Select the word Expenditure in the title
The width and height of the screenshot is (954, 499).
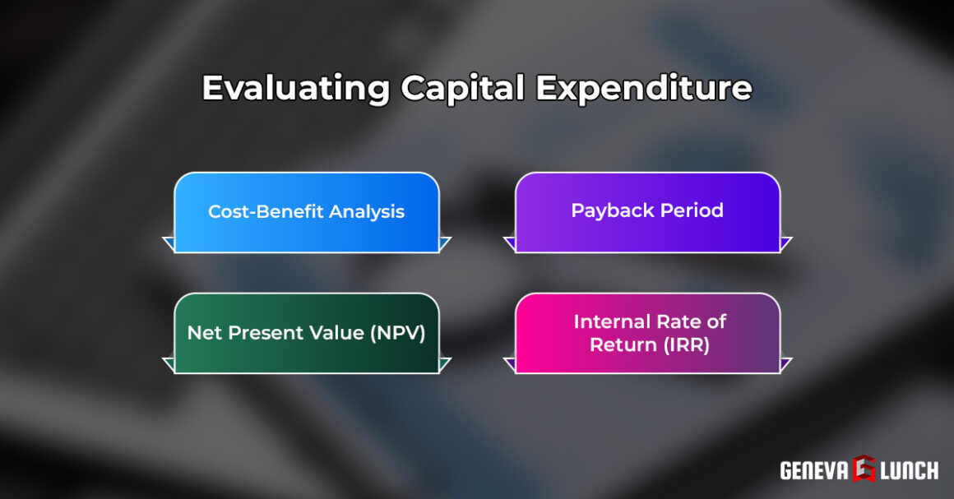point(643,88)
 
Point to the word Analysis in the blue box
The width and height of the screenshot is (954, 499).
point(367,211)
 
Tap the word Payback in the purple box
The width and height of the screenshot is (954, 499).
point(607,210)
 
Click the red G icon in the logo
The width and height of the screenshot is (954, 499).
point(864,469)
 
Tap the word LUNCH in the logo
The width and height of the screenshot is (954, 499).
point(908,470)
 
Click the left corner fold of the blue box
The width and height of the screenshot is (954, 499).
point(169,243)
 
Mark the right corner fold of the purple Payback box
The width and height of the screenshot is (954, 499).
point(785,243)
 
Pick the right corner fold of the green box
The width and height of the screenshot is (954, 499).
point(445,364)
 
